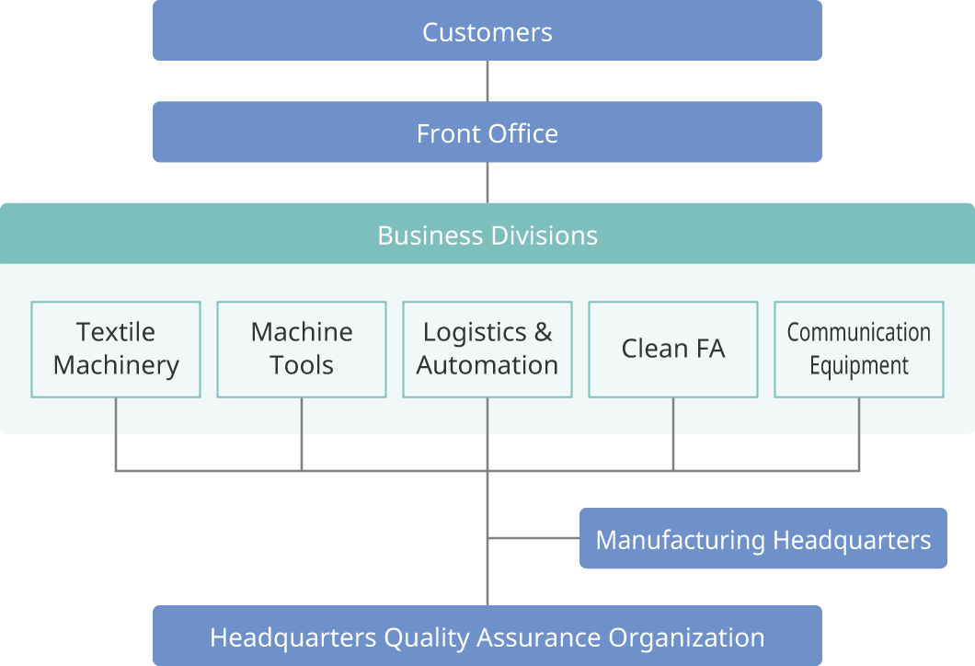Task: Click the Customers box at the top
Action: coord(487,31)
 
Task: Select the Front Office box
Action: coord(487,132)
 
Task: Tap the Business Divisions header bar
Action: coord(487,235)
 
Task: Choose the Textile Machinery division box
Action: coord(116,349)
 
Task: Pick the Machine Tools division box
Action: coord(302,349)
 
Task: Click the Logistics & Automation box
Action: coord(487,349)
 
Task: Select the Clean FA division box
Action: coord(673,349)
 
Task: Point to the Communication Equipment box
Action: coord(859,349)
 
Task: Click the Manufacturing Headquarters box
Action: coord(763,539)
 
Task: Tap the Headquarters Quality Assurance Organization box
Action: coord(487,637)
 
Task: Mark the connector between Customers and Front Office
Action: coord(487,81)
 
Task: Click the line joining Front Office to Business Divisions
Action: coord(487,182)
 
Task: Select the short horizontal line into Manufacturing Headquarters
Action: coord(533,537)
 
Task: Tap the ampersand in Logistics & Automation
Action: coord(543,332)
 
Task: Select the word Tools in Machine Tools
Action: coord(302,365)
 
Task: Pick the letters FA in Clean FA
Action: coord(710,349)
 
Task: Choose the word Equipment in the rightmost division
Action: coord(859,366)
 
